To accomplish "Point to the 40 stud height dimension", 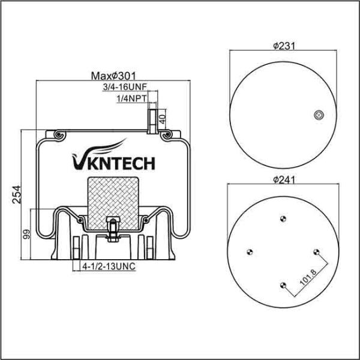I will coord(163,115).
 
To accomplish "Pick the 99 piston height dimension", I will coord(26,235).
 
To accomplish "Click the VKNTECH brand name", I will coord(113,163).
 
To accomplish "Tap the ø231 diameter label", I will coord(284,45).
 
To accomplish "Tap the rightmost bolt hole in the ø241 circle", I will coord(317,252).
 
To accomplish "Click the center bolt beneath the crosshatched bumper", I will coord(112,230).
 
